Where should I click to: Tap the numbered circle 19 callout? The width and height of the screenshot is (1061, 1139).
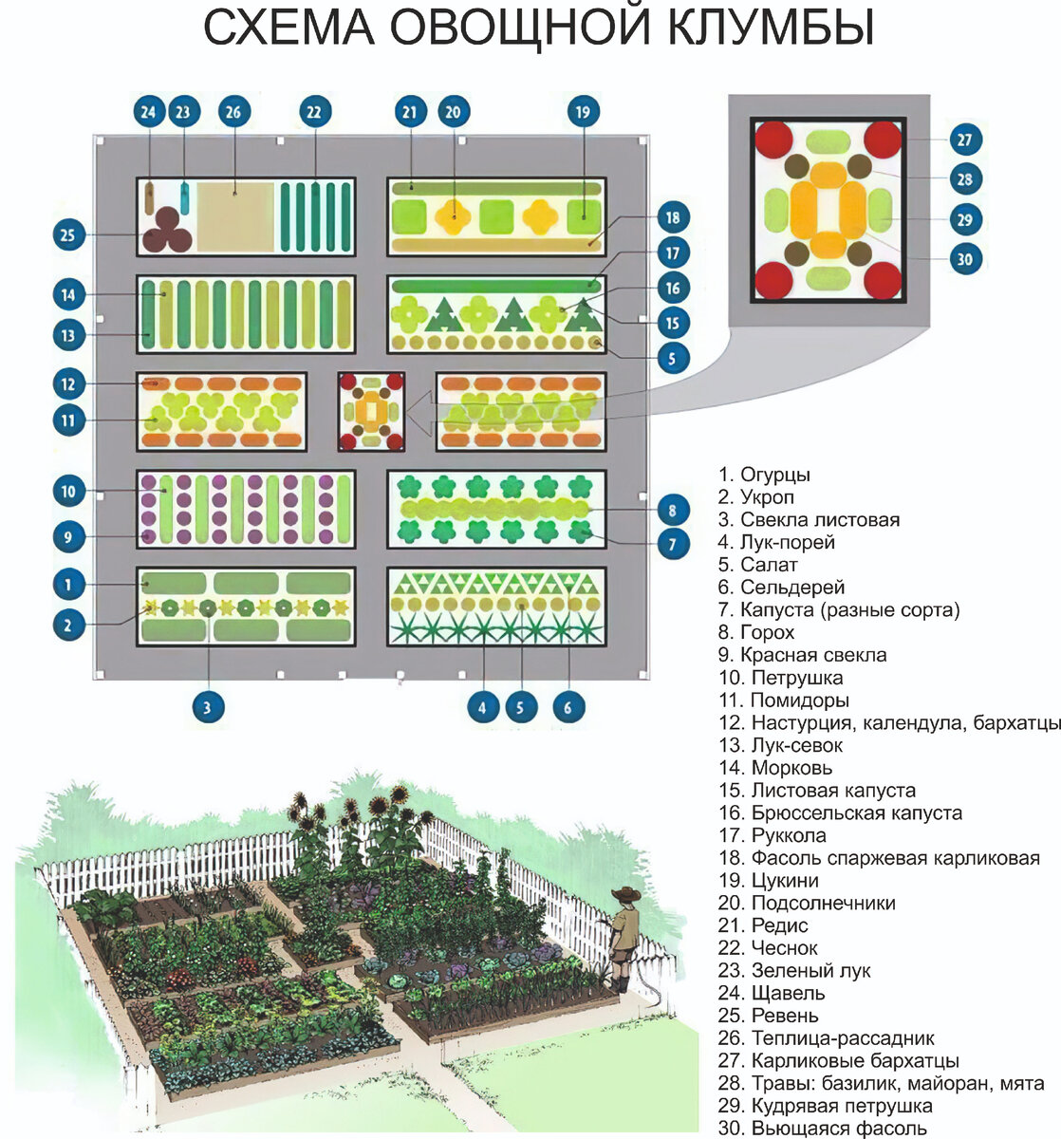point(583,112)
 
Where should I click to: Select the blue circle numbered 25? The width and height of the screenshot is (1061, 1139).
point(67,234)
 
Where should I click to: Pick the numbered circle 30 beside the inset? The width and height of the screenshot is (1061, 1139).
point(965,259)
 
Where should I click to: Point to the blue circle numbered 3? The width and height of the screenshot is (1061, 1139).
point(208,706)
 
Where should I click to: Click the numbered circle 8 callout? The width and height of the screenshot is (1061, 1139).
point(672,511)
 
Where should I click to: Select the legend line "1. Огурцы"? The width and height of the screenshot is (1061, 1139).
point(764,475)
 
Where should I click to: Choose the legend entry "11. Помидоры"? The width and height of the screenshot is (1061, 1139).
point(783,700)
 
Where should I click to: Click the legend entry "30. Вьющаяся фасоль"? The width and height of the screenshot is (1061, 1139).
point(822,1129)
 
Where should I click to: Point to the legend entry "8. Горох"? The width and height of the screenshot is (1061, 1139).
point(755,632)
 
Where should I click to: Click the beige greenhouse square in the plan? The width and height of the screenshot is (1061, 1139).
point(234,215)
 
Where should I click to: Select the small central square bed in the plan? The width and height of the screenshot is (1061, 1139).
point(372,411)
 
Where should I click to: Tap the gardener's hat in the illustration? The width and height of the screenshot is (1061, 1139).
point(625,894)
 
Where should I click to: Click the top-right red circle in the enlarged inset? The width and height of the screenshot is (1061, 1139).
point(883,140)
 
